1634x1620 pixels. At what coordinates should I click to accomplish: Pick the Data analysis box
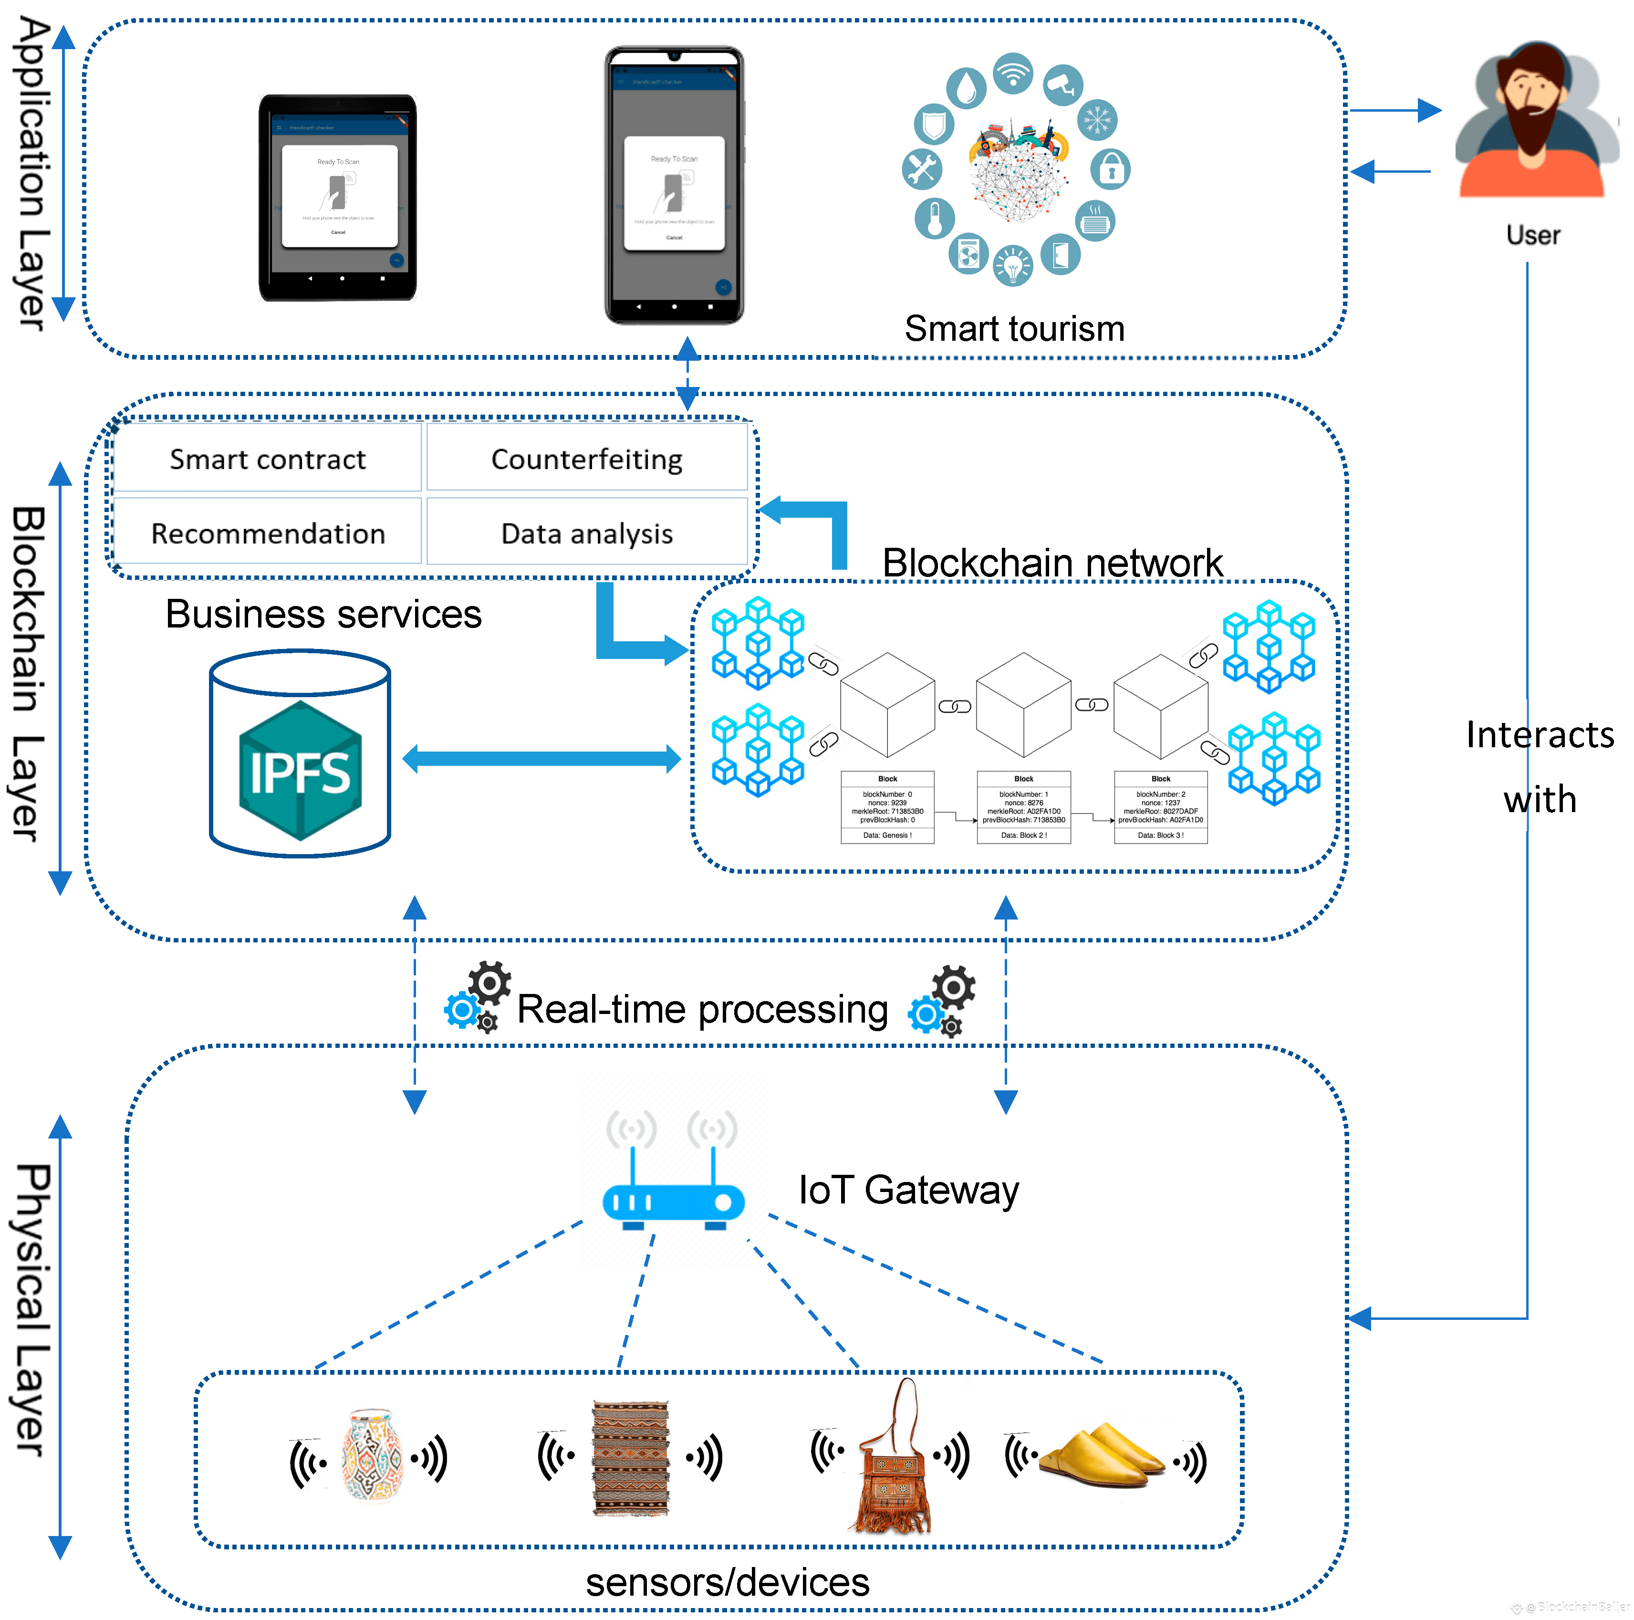587,533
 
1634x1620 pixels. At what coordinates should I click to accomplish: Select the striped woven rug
631,1457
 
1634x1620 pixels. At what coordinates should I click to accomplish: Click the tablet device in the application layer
337,197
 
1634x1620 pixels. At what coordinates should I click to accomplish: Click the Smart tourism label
1014,328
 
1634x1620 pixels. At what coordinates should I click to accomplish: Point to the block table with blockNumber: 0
887,807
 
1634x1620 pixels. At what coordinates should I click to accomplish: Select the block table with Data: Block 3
1160,807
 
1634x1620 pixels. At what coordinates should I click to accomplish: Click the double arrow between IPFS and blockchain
541,758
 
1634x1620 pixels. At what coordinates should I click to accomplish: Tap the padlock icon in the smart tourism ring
1111,169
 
